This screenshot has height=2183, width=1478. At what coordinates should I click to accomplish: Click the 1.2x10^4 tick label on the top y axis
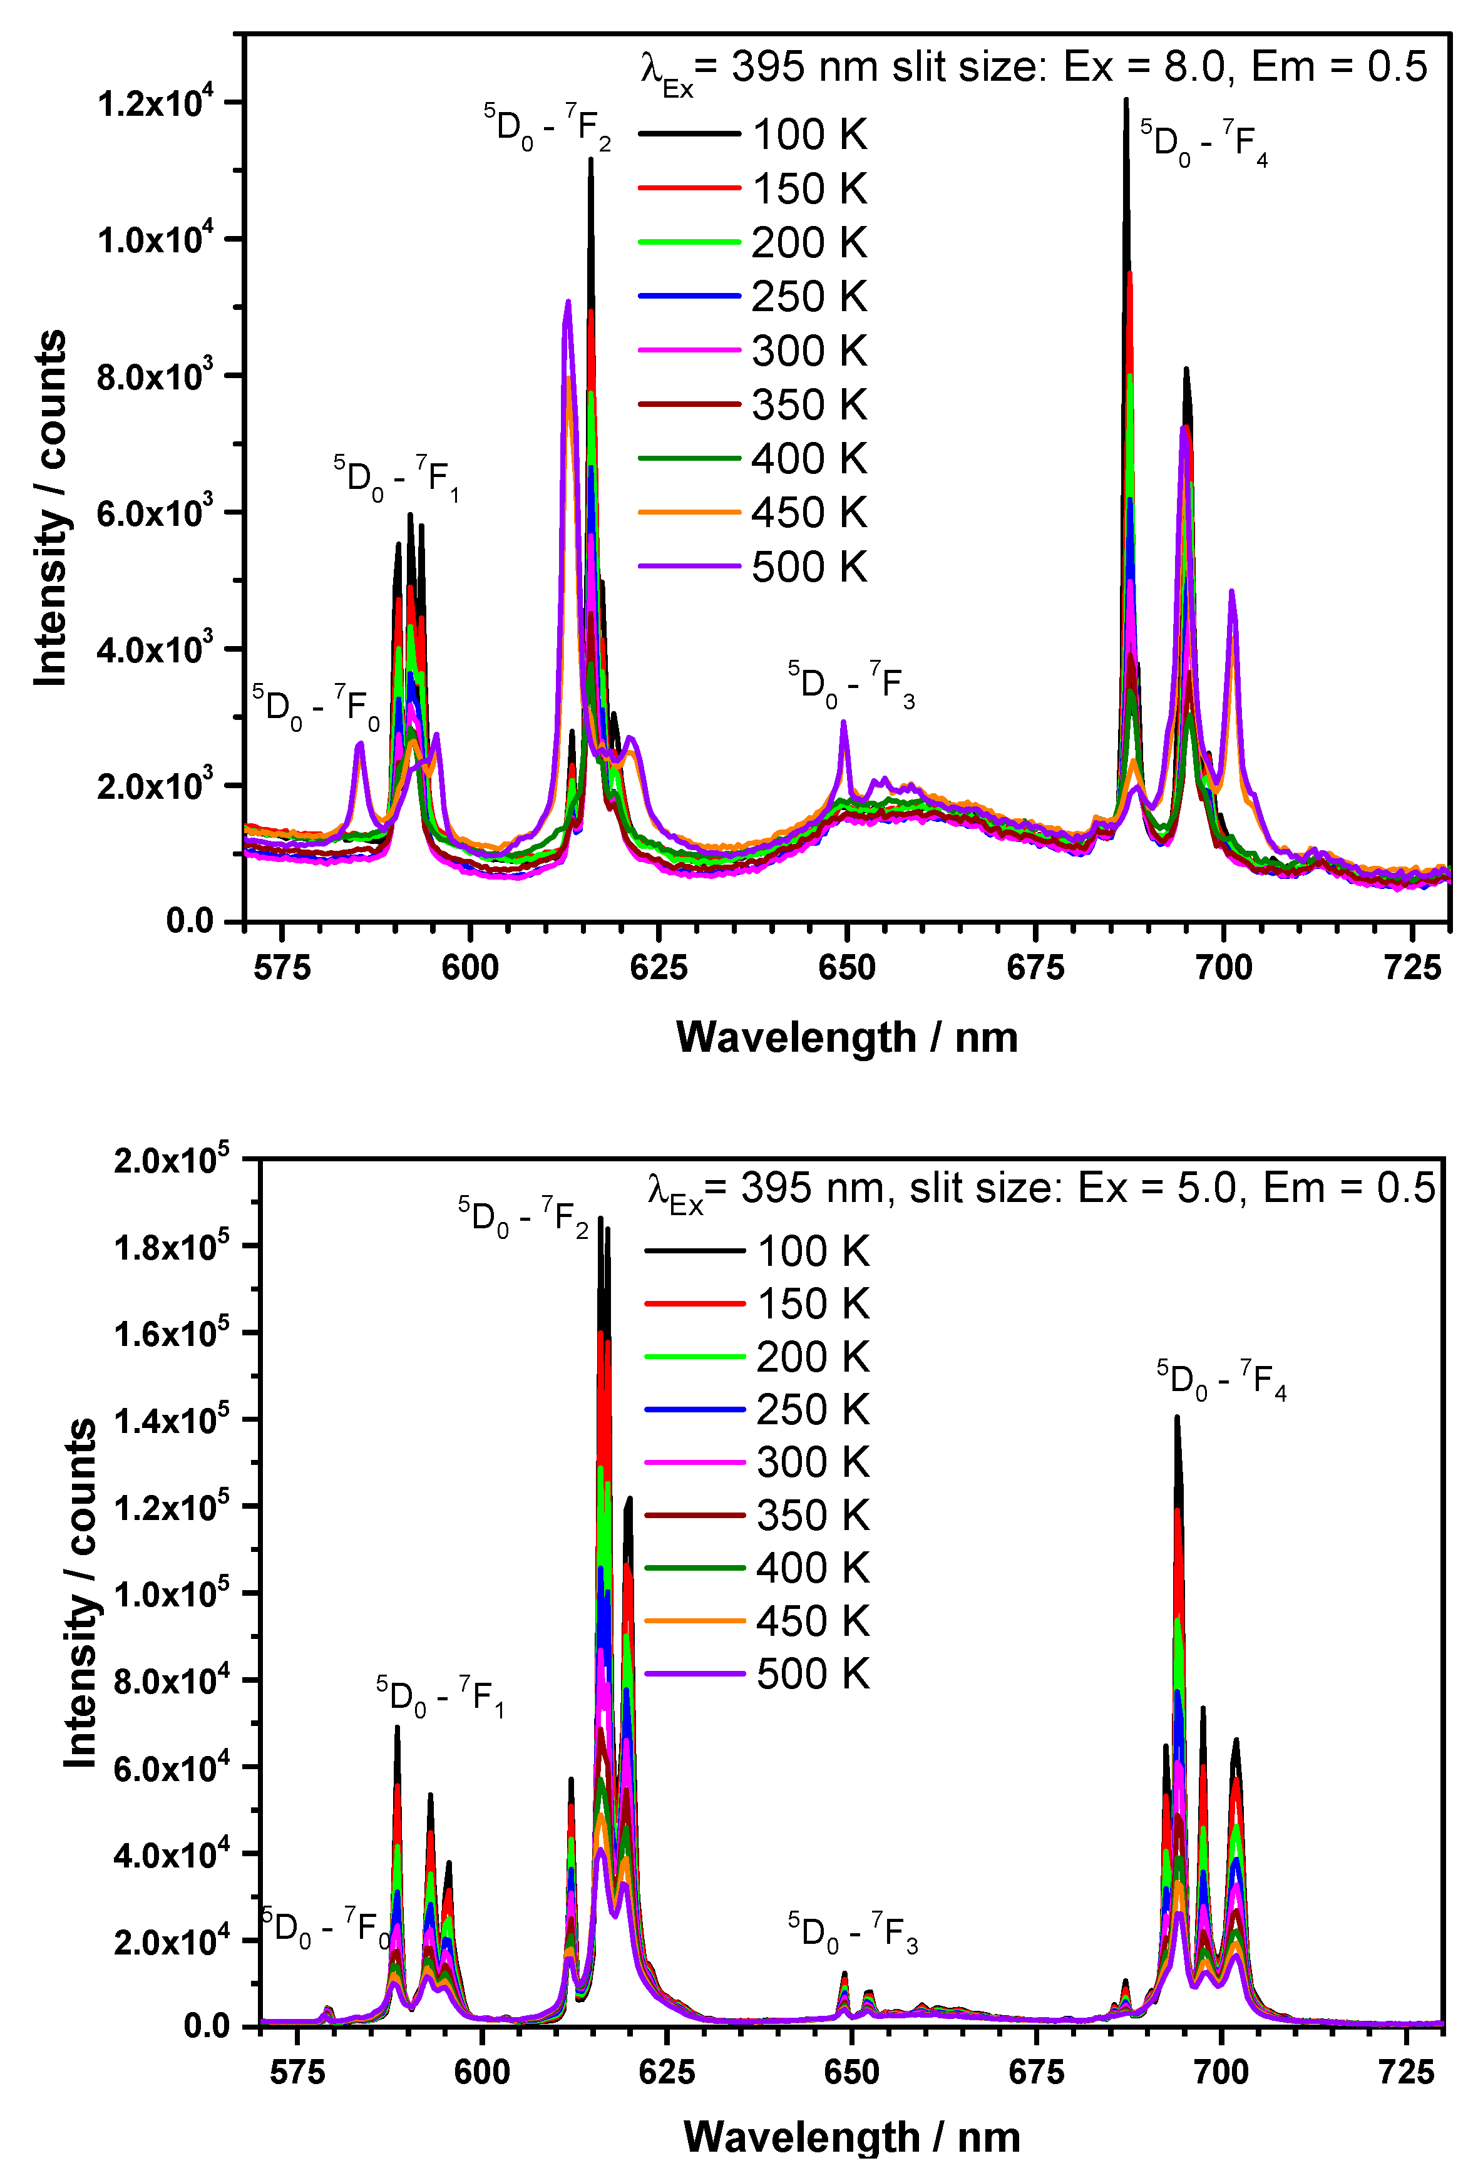[x=156, y=101]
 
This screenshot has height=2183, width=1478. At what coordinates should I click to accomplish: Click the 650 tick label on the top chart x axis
[x=847, y=967]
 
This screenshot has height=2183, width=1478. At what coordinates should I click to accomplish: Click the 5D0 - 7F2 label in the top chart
[x=547, y=127]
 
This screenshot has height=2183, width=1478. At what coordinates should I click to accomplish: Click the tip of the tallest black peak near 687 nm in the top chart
[x=1126, y=100]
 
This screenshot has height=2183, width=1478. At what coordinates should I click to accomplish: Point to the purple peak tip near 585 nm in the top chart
[x=359, y=744]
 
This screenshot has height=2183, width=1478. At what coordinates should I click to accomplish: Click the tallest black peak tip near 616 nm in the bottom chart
[x=601, y=1218]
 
